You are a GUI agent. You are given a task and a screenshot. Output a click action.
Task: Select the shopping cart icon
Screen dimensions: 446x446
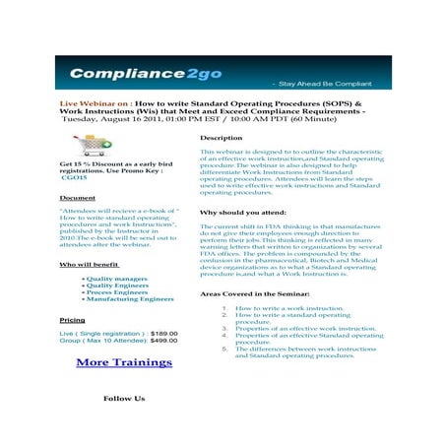tap(94, 146)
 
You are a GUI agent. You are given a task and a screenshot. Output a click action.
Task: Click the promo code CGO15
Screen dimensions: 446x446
tap(74, 179)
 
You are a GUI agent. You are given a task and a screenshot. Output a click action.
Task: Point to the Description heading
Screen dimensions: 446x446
tap(221, 138)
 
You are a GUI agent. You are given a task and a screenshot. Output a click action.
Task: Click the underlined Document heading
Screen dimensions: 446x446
tap(78, 198)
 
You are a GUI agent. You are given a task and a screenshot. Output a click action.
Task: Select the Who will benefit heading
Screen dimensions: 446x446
tap(90, 264)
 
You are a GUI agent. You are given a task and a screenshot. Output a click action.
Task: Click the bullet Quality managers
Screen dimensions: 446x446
tap(117, 279)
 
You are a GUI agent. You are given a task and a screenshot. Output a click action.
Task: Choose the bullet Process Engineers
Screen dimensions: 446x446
tap(116, 292)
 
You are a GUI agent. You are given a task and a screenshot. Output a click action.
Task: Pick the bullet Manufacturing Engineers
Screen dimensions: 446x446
tap(129, 299)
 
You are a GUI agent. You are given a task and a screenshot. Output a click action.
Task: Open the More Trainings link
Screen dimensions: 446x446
tap(123, 362)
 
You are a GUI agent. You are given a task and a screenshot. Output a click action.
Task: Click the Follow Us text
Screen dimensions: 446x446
tap(124, 399)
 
